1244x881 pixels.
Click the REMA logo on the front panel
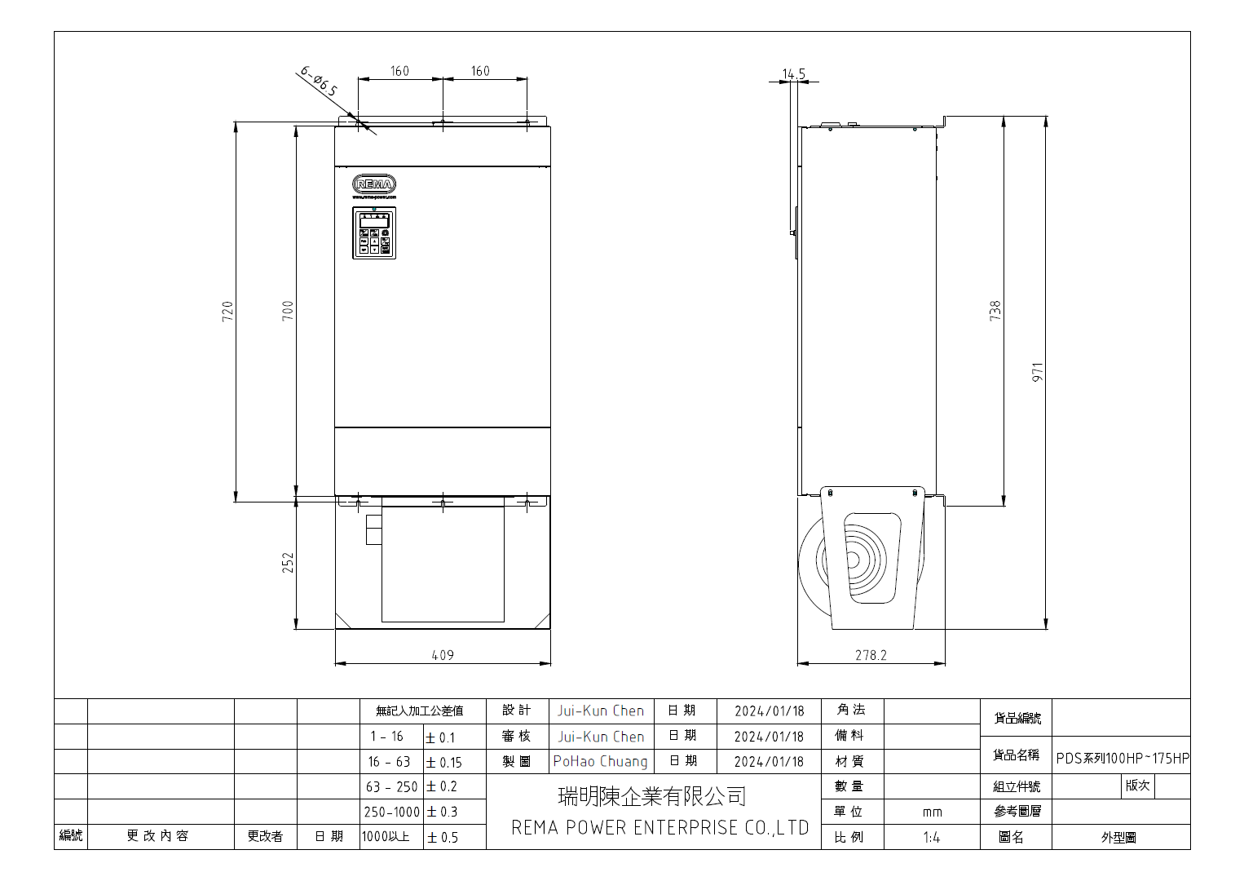(x=374, y=184)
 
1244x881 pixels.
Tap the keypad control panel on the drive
(x=374, y=233)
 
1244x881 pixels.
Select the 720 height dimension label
(x=227, y=311)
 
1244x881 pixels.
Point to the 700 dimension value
(x=288, y=311)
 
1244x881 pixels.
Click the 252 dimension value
(x=288, y=563)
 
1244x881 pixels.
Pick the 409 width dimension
(x=443, y=655)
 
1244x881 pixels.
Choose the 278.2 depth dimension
(x=871, y=655)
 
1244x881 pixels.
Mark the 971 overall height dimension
(x=1038, y=373)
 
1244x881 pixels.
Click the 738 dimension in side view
(x=995, y=311)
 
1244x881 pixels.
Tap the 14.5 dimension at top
(x=793, y=74)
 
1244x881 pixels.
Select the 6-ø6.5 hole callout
(x=319, y=82)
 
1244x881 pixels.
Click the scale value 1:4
(x=932, y=837)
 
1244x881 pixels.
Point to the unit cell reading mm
(x=932, y=812)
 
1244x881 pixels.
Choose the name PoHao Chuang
(x=601, y=761)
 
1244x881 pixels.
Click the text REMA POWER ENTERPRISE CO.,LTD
(x=659, y=828)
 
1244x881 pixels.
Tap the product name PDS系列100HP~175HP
(x=1123, y=758)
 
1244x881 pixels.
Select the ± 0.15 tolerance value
(x=444, y=763)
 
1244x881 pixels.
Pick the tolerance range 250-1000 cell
(x=391, y=812)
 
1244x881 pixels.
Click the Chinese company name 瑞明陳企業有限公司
(x=652, y=796)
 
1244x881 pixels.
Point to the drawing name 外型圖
(x=1118, y=838)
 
